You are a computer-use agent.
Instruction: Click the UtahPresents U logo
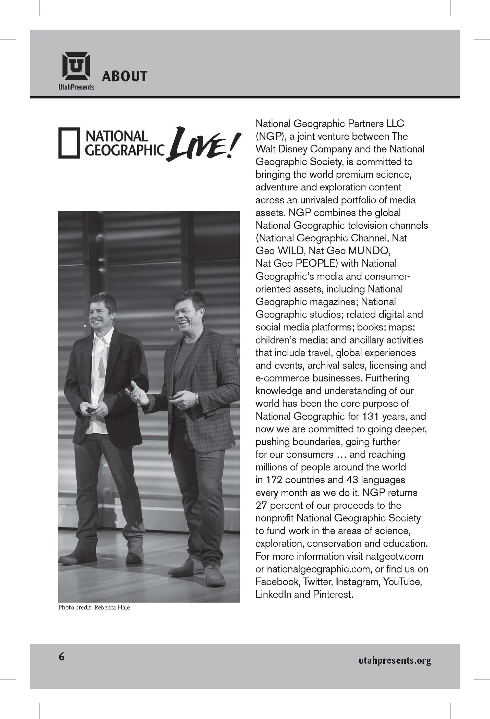pyautogui.click(x=76, y=66)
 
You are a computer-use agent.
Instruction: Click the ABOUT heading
pyautogui.click(x=124, y=76)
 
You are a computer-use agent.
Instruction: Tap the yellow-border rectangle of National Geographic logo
pyautogui.click(x=69, y=143)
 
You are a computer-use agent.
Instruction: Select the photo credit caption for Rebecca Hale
pyautogui.click(x=94, y=607)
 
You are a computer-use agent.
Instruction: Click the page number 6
pyautogui.click(x=62, y=656)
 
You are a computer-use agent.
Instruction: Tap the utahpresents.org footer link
pyautogui.click(x=395, y=661)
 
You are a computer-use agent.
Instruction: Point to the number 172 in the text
pyautogui.click(x=274, y=480)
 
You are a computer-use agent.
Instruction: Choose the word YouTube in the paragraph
pyautogui.click(x=402, y=582)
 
